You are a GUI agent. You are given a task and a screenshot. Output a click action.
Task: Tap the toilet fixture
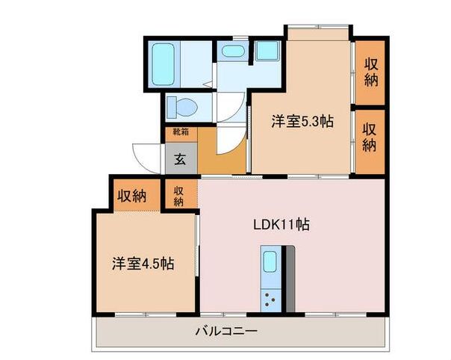click(181, 108)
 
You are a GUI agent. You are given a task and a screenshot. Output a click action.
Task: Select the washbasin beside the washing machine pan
click(234, 52)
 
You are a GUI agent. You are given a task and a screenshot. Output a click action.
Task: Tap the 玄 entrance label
click(181, 158)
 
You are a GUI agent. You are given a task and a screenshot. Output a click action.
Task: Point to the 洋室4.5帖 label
click(143, 264)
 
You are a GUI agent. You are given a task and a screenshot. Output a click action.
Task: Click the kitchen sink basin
click(270, 262)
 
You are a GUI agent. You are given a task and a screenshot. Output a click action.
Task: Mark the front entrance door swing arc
click(146, 155)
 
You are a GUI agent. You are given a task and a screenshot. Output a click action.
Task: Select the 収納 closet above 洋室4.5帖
click(131, 196)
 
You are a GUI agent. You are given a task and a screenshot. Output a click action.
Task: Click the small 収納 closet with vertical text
click(180, 195)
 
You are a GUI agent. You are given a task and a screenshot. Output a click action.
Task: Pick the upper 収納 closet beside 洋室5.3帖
click(370, 72)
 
